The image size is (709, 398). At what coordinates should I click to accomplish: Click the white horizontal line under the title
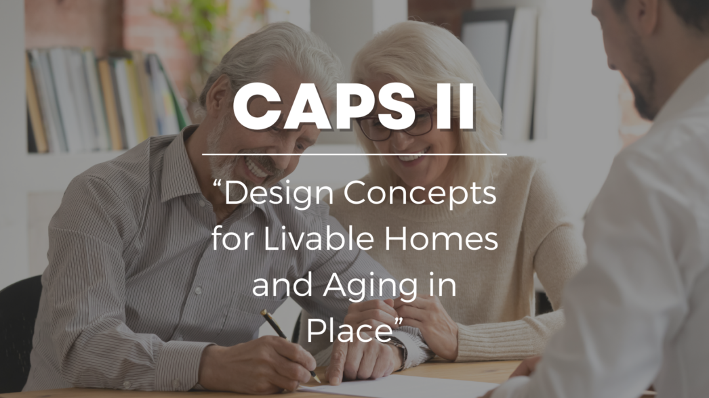[354, 154]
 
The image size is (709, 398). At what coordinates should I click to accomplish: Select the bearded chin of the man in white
[644, 102]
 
